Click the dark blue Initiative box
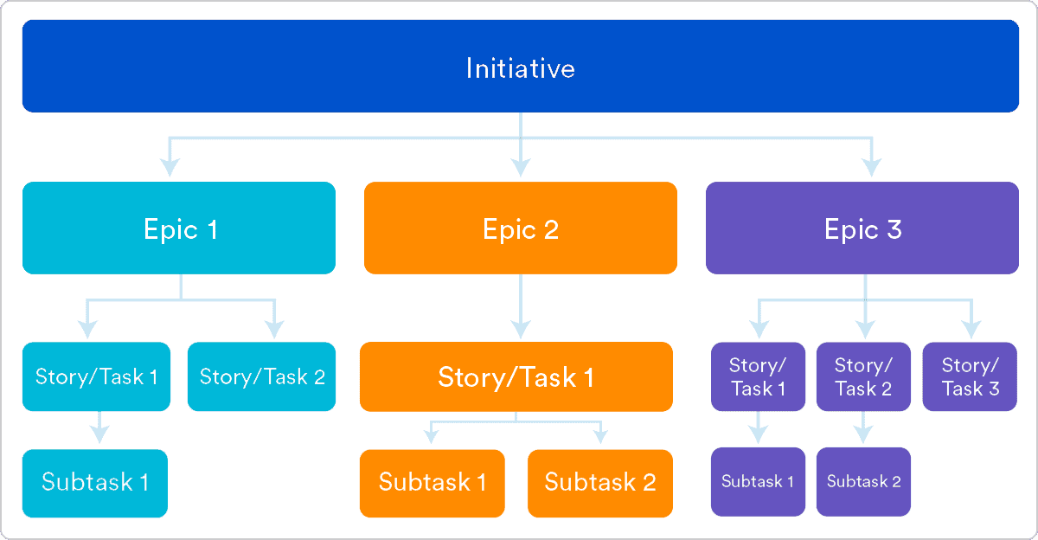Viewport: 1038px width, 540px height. [520, 67]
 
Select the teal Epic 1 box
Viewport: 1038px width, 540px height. [179, 228]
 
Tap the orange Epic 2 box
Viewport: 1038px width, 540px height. [520, 228]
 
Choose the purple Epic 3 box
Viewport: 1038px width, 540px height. [862, 228]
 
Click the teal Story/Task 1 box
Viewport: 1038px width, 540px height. [97, 376]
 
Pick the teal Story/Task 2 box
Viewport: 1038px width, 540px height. [262, 376]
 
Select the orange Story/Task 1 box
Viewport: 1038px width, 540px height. [516, 376]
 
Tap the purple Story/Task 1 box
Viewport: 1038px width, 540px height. [758, 376]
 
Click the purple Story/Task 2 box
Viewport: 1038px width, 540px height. [863, 376]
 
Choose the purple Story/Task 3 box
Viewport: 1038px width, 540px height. [970, 376]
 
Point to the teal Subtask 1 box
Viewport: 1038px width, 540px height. [94, 483]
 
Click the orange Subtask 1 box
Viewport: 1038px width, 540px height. [432, 483]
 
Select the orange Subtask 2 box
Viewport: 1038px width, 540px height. [600, 483]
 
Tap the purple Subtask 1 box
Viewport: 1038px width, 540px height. [758, 482]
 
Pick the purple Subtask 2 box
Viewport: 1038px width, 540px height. [863, 482]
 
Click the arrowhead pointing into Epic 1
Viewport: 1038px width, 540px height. [170, 165]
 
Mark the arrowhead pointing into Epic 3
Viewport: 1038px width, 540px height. [871, 165]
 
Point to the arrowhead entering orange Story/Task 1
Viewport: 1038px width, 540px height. [520, 328]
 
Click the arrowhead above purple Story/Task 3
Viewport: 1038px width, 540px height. [971, 329]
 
